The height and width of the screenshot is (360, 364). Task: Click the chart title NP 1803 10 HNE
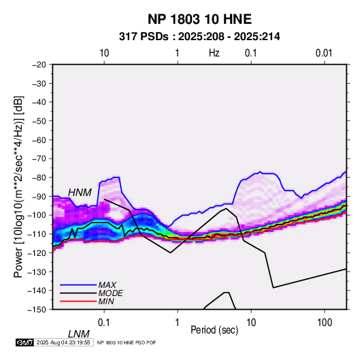pos(199,19)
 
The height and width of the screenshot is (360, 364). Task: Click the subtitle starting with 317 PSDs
pos(199,37)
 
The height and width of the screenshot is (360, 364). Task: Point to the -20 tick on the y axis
pos(39,65)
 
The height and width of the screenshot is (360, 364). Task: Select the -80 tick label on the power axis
pos(39,178)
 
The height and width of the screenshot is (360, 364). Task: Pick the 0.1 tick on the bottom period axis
pos(104,323)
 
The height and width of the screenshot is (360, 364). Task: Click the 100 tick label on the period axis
pos(325,323)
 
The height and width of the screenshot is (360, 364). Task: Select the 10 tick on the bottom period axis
pos(251,323)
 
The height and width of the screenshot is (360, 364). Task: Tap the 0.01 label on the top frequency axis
pos(324,53)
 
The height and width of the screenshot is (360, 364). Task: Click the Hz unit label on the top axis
pos(214,53)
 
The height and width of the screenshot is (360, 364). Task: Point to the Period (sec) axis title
pos(214,330)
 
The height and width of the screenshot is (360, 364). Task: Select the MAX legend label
pos(107,285)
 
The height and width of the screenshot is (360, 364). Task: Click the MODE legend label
pos(110,293)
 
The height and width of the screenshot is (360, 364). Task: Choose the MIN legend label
pos(106,301)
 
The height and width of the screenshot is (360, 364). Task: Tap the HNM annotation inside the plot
pos(80,193)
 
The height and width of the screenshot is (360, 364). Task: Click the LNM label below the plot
pos(79,334)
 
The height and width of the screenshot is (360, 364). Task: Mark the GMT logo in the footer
pos(24,342)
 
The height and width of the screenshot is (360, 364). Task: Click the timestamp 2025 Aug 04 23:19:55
pos(63,342)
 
